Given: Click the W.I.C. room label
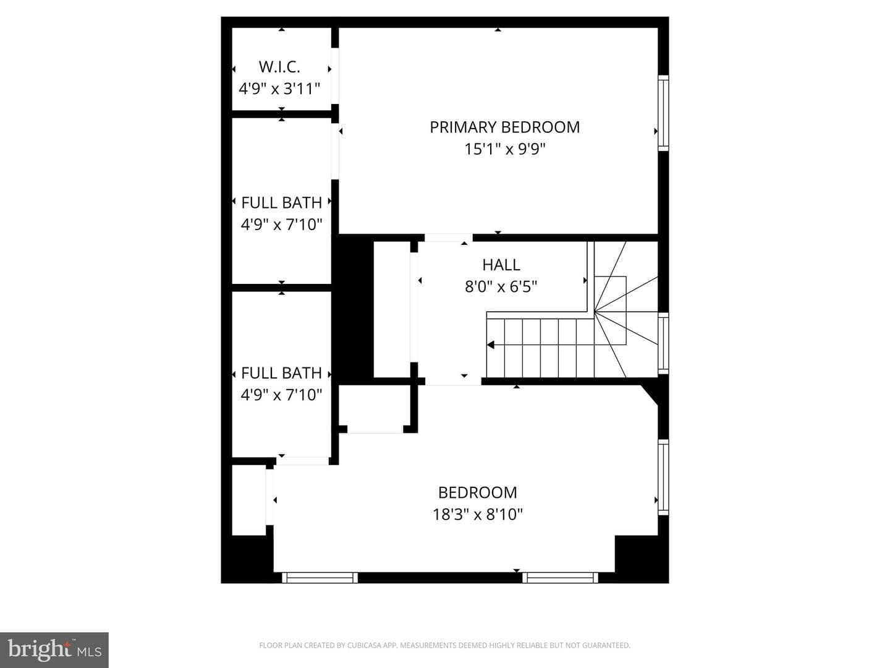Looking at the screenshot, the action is (x=279, y=67).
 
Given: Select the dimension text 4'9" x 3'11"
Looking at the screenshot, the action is (x=279, y=88).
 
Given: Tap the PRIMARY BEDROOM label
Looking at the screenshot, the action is (x=504, y=127).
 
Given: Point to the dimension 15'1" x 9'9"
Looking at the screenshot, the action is (x=504, y=149).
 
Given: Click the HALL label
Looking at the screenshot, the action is (x=501, y=265).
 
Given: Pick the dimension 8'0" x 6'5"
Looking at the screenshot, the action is (x=501, y=287).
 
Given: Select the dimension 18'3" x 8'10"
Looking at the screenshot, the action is (x=478, y=514).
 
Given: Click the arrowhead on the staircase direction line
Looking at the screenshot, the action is (x=491, y=345).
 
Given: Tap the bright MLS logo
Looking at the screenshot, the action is (x=54, y=650).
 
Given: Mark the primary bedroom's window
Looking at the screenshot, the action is (x=663, y=113).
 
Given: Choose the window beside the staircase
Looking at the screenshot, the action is (x=663, y=343).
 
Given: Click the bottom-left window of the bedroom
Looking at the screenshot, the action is (x=320, y=578).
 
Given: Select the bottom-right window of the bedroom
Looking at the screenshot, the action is (x=560, y=578).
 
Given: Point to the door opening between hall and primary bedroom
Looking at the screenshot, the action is (x=449, y=238).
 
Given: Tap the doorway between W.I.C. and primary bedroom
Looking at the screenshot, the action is (x=335, y=76).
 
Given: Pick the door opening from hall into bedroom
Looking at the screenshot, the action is (x=453, y=381).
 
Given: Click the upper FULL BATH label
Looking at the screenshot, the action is (x=281, y=202).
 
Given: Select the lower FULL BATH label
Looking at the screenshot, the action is (x=281, y=373).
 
